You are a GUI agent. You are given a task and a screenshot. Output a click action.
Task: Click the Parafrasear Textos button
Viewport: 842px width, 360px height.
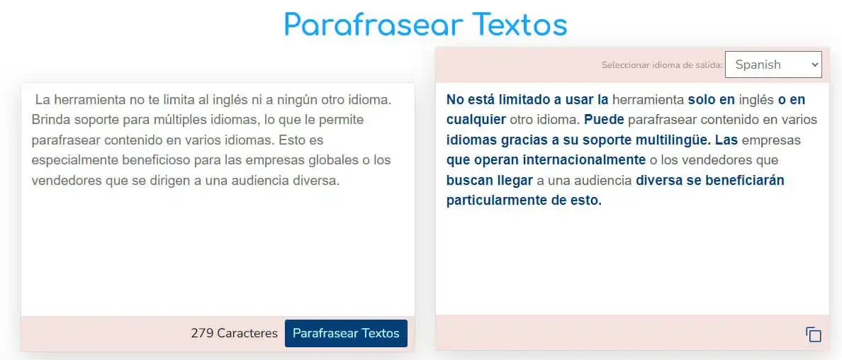(x=346, y=333)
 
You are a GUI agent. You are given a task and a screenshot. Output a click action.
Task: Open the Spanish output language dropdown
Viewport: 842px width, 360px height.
(x=773, y=64)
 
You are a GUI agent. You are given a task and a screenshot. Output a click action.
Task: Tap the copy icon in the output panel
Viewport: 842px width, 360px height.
(x=813, y=334)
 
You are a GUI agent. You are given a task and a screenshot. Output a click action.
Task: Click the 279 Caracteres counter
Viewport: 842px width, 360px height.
(x=234, y=333)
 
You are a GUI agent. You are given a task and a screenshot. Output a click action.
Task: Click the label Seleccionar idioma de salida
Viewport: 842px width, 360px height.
(x=661, y=65)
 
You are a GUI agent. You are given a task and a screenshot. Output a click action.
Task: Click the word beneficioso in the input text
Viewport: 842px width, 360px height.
(x=161, y=159)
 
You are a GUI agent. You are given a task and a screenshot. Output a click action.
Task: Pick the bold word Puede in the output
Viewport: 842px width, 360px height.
(x=604, y=119)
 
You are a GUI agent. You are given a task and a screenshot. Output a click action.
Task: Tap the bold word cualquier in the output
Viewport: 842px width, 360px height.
(x=476, y=119)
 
